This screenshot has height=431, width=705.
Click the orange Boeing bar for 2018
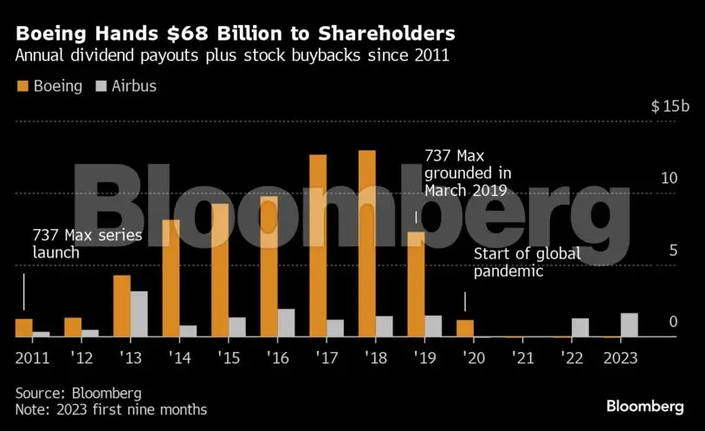coord(366,244)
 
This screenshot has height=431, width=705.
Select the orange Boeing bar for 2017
coord(318,245)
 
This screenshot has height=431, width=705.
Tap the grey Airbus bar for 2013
coord(139,314)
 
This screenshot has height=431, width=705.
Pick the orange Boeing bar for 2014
coord(171,278)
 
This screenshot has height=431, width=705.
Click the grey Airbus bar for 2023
coord(629,325)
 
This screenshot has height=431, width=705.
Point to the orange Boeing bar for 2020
coord(465,329)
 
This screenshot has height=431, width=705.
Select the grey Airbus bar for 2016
coord(286,323)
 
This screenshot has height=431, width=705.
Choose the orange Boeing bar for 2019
coord(416,284)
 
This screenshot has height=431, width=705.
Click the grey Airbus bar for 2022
coord(580,328)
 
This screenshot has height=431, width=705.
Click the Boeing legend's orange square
coord(23,87)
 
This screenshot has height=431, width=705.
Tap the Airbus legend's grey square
coord(100,87)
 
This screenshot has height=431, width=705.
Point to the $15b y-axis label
coord(670,107)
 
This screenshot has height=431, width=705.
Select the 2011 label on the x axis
coord(32,358)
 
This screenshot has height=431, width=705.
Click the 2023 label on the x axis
coord(620,358)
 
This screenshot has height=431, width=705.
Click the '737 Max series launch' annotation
coord(75,244)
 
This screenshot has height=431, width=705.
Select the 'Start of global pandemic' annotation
coord(527,263)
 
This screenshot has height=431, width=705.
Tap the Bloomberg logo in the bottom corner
coord(645,406)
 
